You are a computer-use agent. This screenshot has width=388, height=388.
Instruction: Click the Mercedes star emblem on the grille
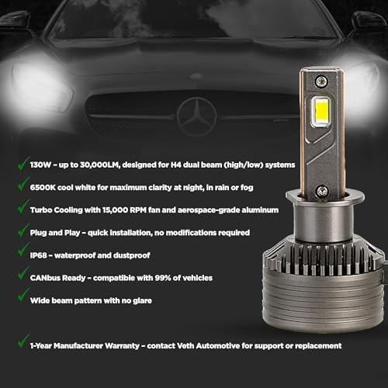[196, 116]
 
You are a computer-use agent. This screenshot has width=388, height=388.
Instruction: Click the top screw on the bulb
[321, 81]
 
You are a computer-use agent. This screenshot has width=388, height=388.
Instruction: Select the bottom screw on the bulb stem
[322, 192]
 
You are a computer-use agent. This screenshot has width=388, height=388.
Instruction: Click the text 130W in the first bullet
[40, 165]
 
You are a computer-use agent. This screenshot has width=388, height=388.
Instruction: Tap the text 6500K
[43, 187]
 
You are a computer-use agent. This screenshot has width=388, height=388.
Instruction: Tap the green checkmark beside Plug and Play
[23, 230]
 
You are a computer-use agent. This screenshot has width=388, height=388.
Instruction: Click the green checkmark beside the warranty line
[23, 341]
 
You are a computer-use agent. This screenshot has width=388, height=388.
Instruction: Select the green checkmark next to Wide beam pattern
[23, 296]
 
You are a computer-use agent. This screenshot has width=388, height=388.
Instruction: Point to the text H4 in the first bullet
[176, 165]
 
